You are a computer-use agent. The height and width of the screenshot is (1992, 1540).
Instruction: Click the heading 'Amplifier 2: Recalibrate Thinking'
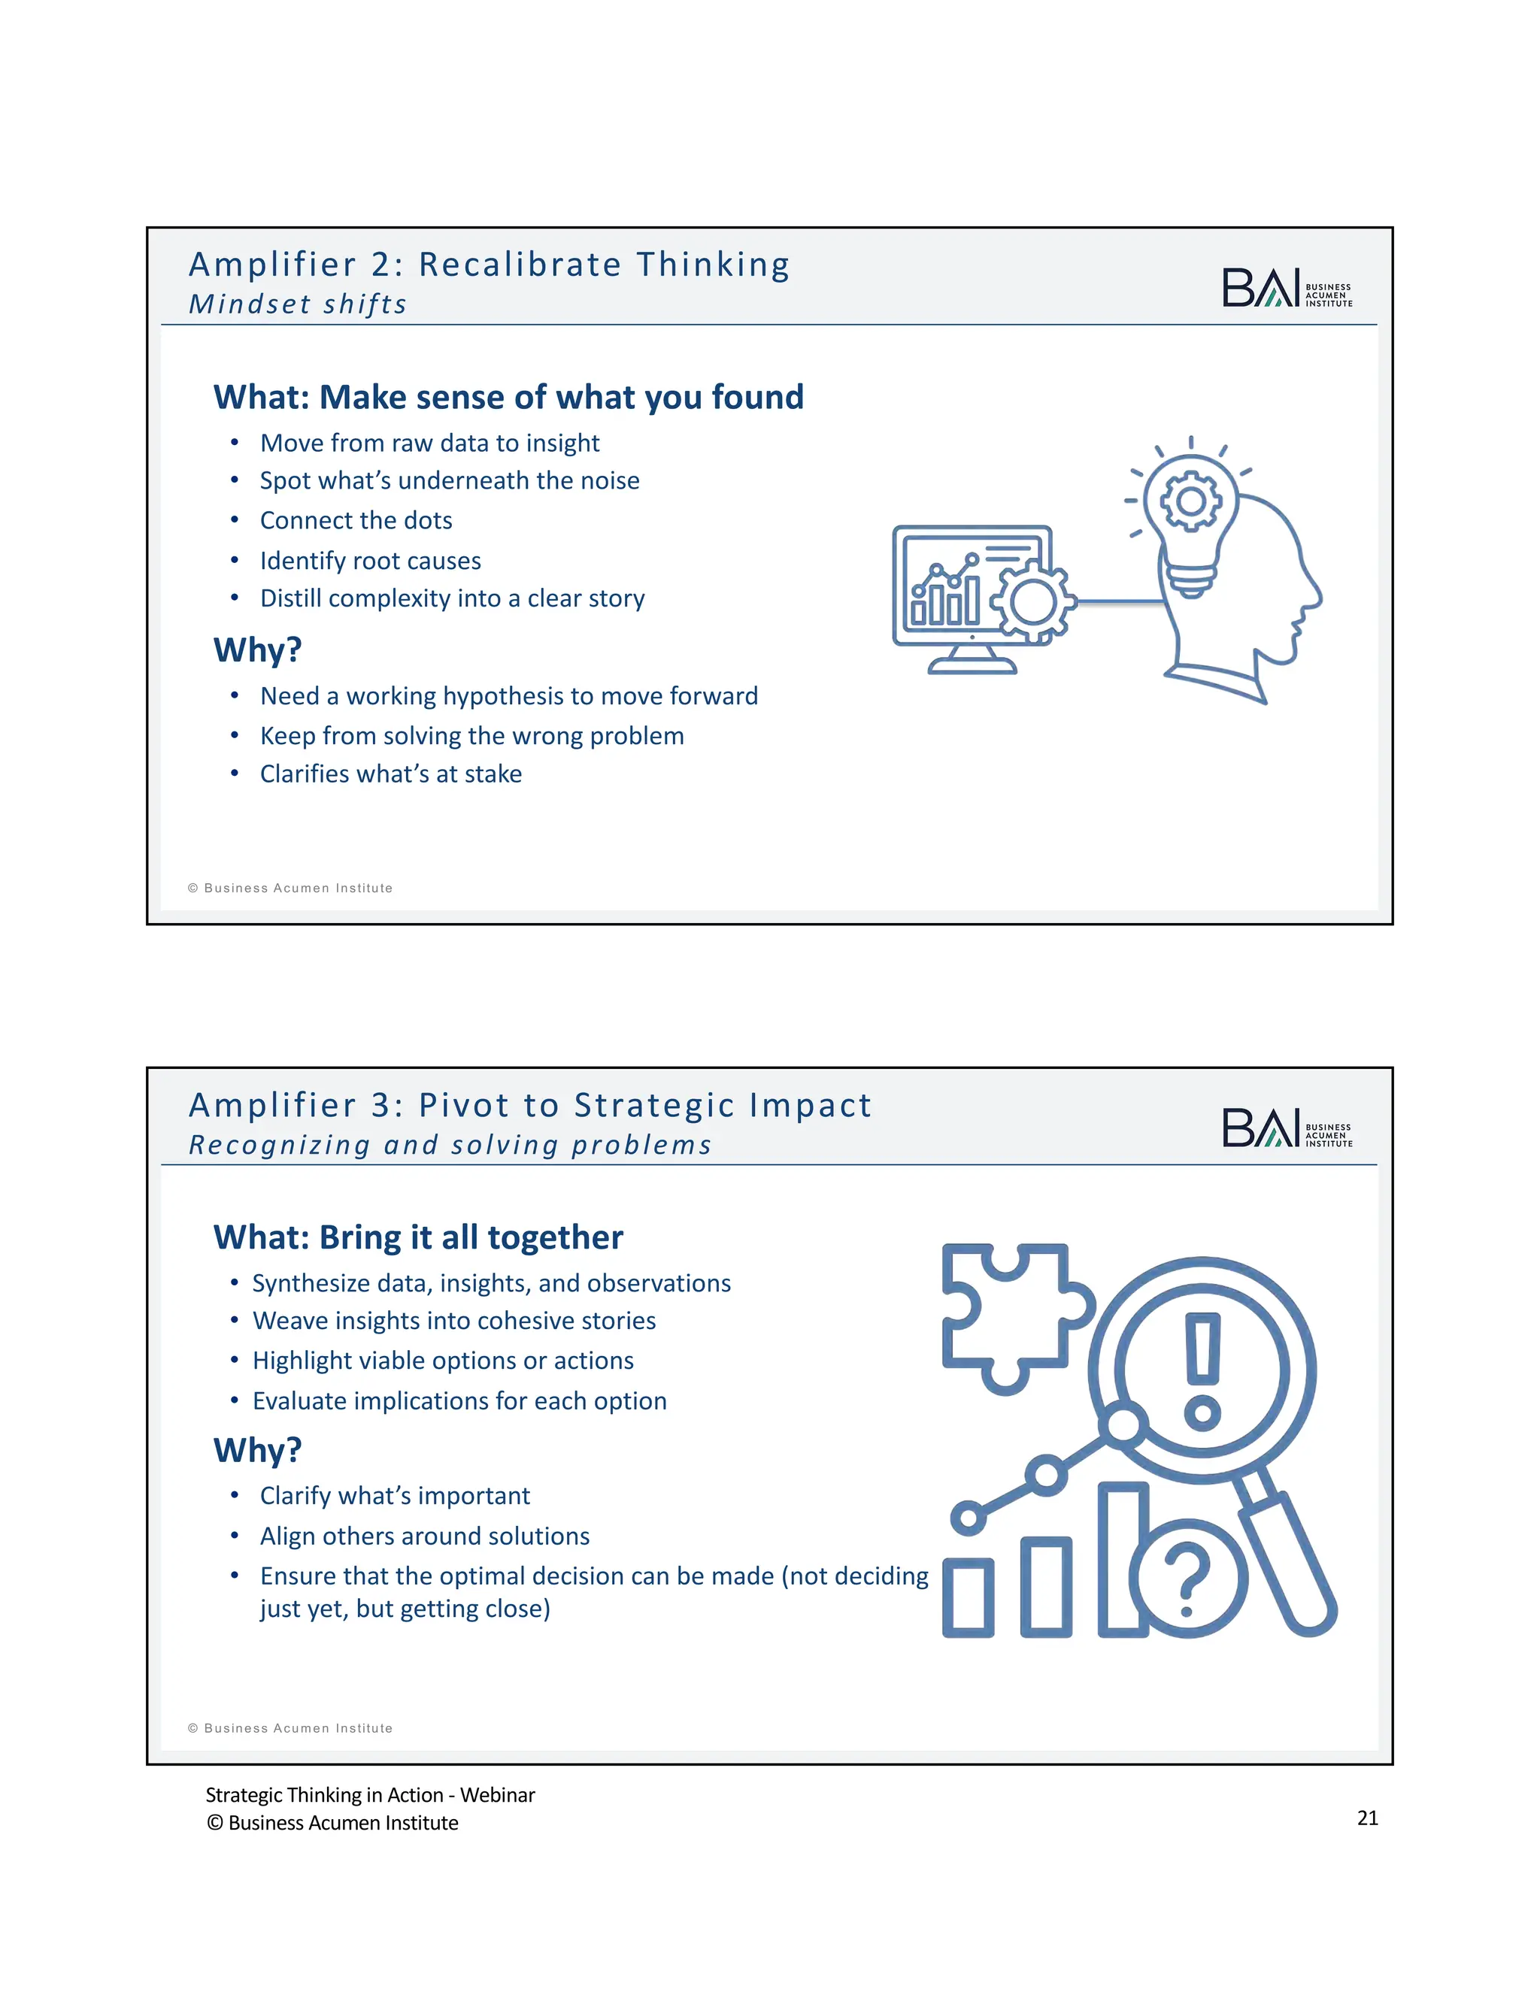[x=489, y=265]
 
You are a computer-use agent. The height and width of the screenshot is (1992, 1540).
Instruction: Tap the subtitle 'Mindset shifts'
[x=298, y=304]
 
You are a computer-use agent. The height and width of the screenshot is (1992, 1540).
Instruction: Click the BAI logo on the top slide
[x=1287, y=287]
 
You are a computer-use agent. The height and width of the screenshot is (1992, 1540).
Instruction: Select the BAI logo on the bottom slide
[x=1287, y=1128]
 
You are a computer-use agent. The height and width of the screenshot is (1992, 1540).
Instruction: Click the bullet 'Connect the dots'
[x=356, y=520]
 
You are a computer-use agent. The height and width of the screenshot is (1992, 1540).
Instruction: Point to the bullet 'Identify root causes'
[x=371, y=560]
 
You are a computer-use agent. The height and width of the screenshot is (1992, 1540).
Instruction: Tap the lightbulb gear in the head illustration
[x=1190, y=501]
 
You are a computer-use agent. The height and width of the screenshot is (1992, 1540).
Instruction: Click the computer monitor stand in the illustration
[x=972, y=660]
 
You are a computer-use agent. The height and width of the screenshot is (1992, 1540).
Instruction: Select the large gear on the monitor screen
[x=1034, y=601]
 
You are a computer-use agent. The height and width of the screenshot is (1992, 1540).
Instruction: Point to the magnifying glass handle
[x=1288, y=1560]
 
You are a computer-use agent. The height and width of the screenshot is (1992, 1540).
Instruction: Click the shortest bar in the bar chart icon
[x=967, y=1597]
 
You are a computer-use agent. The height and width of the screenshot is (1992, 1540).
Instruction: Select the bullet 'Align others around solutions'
[x=424, y=1536]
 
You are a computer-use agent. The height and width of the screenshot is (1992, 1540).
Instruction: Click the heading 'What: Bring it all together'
[x=418, y=1238]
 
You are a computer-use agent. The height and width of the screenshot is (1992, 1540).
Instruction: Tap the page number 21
[x=1366, y=1818]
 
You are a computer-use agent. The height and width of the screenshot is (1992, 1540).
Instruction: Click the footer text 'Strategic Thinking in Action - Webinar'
[x=369, y=1795]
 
